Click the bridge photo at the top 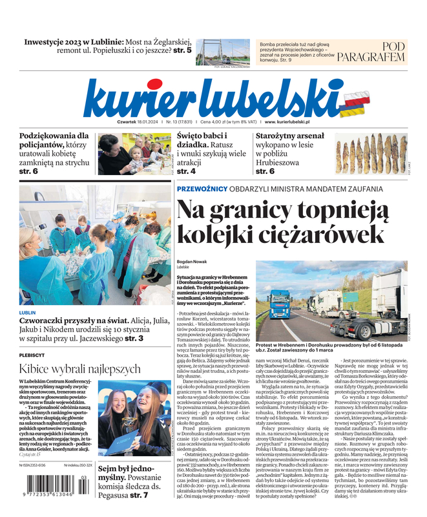tap(224, 52)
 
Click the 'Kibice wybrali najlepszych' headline tap(80, 370)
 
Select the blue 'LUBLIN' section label tap(28, 312)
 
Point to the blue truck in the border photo tap(280, 304)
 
